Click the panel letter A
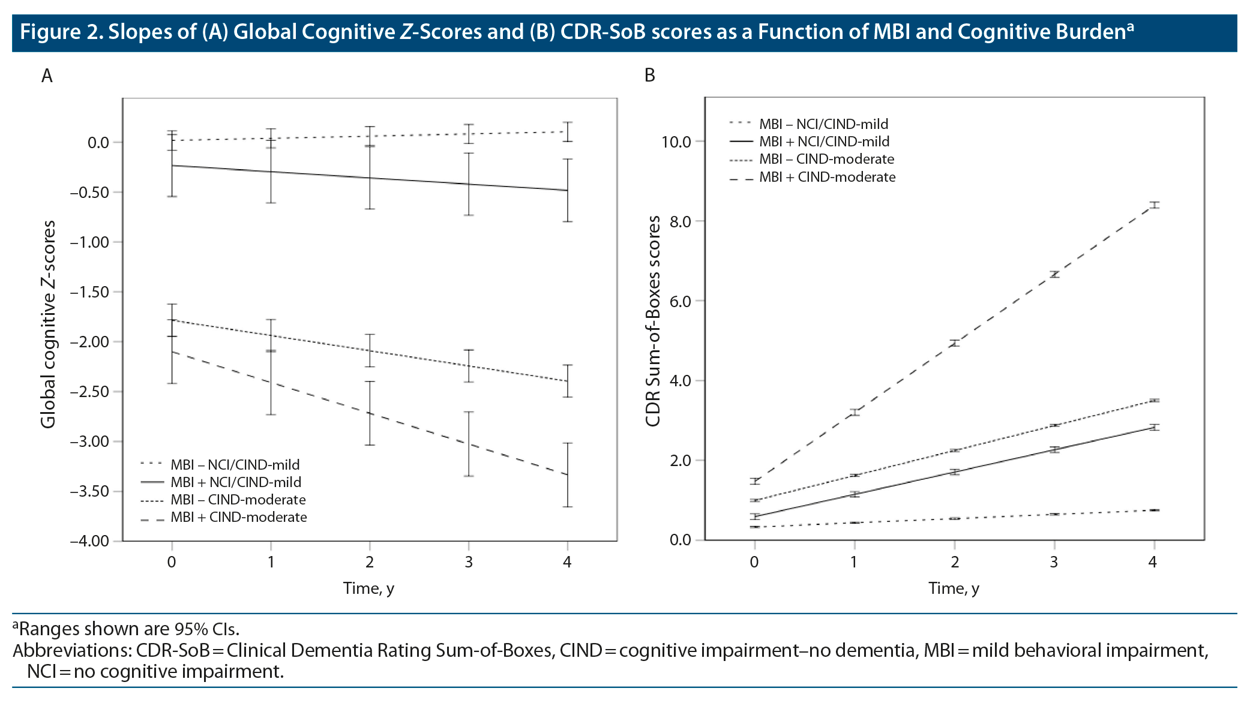pos(47,76)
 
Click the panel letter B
pos(649,76)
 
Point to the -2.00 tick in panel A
pos(90,343)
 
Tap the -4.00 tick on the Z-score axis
pos(90,542)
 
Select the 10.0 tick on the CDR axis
pos(676,142)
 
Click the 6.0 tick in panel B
pos(680,302)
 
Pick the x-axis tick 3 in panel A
pos(469,562)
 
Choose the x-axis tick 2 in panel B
pos(955,562)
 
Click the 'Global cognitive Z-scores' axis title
pos(49,324)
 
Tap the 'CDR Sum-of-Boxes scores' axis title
pos(653,321)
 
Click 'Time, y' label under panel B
pos(954,588)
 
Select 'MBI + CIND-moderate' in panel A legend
pos(238,518)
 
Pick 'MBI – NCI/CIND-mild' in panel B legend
pos(823,124)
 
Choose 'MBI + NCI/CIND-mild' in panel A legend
pos(236,482)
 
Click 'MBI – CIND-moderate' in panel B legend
pos(826,159)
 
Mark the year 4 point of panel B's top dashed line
pos(1153,206)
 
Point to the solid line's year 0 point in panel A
pos(172,166)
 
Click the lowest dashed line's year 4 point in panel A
pos(567,474)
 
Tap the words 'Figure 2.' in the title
pos(61,32)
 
